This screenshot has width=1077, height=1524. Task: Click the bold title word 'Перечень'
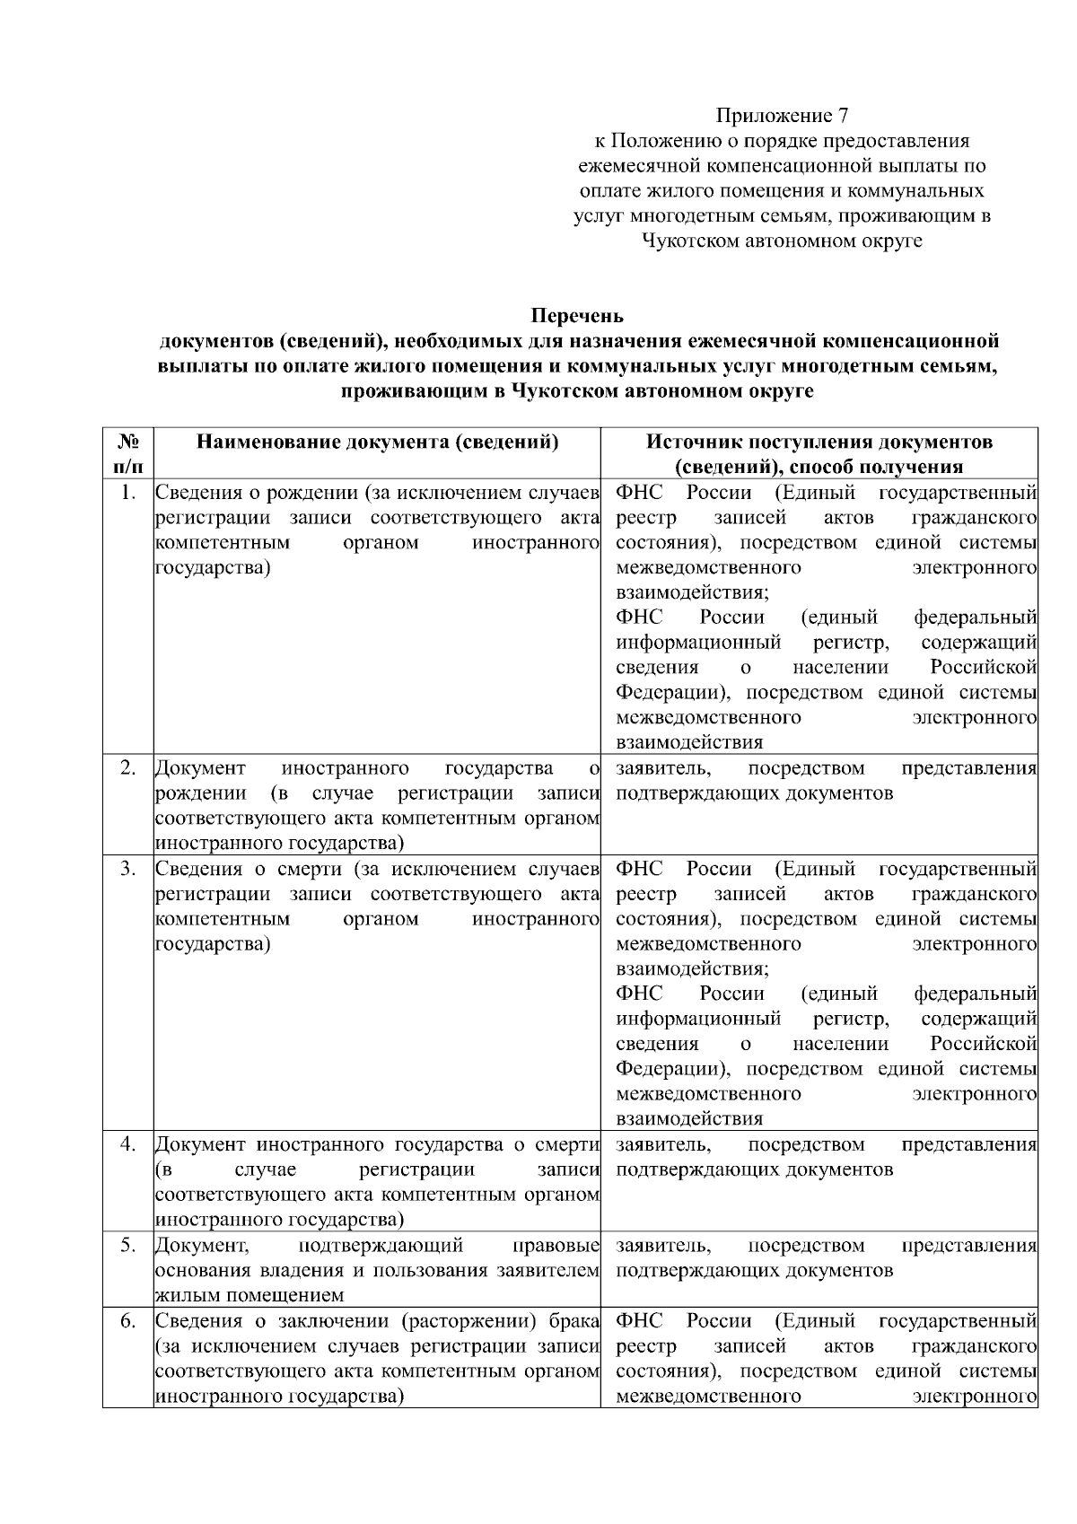577,316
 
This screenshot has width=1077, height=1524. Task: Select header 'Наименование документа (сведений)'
377,442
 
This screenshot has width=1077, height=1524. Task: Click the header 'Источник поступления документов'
819,442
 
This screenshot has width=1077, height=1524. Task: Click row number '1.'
128,493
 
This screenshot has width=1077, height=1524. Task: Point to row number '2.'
128,768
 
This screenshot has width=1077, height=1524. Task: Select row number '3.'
128,869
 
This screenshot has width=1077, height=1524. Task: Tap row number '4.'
128,1144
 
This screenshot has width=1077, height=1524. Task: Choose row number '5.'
128,1245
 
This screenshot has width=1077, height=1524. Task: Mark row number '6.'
128,1320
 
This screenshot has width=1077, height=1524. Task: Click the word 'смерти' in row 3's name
313,869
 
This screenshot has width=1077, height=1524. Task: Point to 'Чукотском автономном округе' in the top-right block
782,241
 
